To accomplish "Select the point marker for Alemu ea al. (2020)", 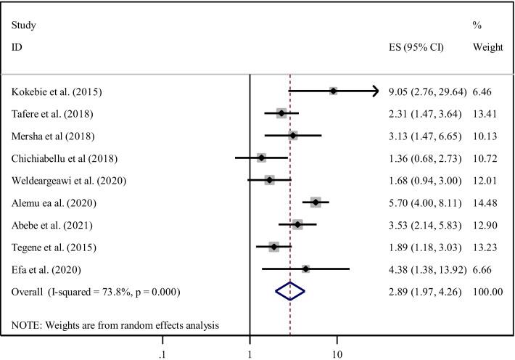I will [x=316, y=202].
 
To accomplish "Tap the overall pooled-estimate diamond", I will [x=290, y=291].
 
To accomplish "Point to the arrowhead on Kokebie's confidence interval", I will [x=375, y=91].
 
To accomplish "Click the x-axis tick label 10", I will [x=337, y=344].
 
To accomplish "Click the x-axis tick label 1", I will [x=250, y=344].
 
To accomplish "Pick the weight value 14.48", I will [x=486, y=202].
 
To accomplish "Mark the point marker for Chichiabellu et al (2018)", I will [x=261, y=157].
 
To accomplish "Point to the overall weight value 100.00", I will [x=487, y=291].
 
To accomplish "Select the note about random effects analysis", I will [x=115, y=323].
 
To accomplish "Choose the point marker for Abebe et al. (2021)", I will [x=297, y=225].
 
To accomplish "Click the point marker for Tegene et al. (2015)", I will [x=273, y=247].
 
